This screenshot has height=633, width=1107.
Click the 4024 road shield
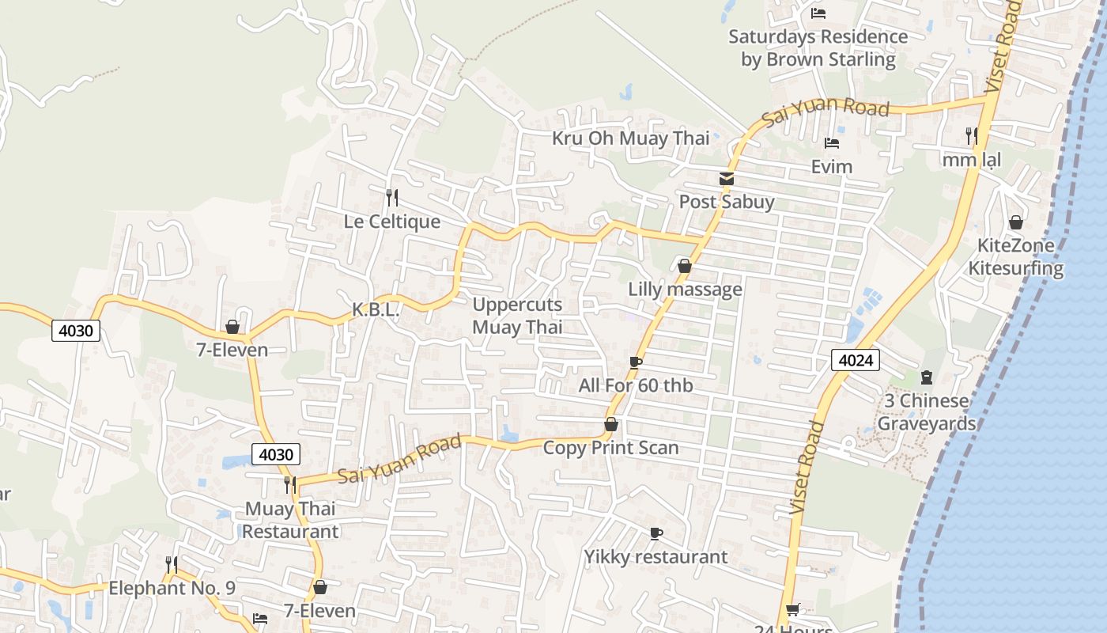tap(856, 361)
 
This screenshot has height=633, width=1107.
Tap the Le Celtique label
tap(392, 221)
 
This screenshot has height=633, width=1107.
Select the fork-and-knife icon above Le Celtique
tap(392, 196)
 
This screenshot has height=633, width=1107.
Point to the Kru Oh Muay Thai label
tap(630, 138)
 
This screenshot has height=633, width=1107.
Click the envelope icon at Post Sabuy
tap(727, 179)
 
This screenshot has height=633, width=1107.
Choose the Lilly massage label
tap(685, 289)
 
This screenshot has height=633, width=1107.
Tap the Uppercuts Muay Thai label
tap(517, 316)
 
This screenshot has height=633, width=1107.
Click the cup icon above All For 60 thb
tap(635, 362)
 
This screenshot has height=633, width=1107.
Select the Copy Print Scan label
tap(610, 448)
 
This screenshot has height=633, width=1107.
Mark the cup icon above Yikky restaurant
tap(656, 533)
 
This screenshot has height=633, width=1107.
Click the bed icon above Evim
tap(832, 143)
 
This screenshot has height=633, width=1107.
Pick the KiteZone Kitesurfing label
tap(1016, 256)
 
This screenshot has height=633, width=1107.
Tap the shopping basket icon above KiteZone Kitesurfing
tap(1016, 222)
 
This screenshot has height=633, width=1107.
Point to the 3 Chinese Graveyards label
tap(927, 412)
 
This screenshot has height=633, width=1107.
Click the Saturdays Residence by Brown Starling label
tap(818, 47)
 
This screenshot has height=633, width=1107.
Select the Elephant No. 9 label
tap(172, 588)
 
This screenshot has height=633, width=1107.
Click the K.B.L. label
tap(376, 309)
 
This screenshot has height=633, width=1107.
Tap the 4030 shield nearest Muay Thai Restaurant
tap(276, 454)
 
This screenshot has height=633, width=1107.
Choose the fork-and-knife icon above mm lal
tap(972, 136)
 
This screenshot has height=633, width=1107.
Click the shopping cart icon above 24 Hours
tap(792, 610)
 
